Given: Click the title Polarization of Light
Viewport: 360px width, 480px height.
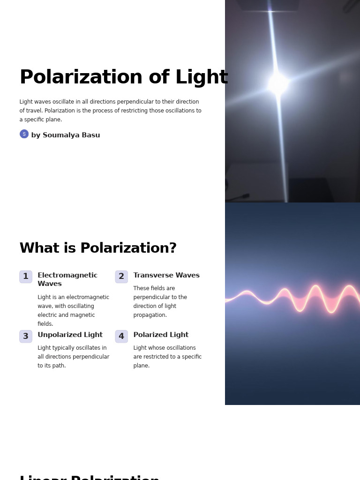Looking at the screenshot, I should coord(124,78).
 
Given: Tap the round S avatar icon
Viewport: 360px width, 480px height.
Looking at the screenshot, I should coord(24,134).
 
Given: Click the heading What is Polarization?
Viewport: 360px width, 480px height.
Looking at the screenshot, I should coord(98,248).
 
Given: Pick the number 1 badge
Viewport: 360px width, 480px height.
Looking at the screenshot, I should coord(26,277).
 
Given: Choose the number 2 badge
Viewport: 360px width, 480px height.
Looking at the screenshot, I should coord(121,277).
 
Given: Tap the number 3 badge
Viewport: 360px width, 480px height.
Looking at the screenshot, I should coord(26,336).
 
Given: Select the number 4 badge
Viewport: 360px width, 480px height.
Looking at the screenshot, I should coord(121,336).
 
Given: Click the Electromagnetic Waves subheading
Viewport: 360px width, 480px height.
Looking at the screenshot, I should coord(67,280).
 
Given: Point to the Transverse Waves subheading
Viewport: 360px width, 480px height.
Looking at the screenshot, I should coord(166,276).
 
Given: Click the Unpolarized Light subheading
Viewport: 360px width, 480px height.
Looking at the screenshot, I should coord(70,335).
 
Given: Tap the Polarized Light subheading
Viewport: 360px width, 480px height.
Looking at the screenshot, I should coord(161,335).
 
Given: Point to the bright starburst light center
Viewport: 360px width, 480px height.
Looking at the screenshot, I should coord(278,84).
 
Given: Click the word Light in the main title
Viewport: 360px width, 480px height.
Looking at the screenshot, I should coord(202,78).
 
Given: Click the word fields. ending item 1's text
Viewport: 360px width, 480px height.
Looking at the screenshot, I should coord(45,324).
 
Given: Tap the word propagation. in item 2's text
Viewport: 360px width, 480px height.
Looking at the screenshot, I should coord(150,315).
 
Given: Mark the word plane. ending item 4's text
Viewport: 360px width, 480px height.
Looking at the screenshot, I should coord(142,366).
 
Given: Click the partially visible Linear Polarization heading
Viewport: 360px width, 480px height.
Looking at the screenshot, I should coord(90,477).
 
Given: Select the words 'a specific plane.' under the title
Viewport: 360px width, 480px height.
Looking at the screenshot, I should coord(41,120).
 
